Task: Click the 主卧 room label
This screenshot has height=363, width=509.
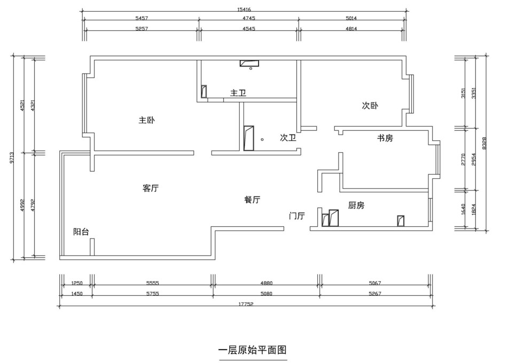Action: [146, 121]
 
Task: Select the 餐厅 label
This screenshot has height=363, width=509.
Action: [252, 200]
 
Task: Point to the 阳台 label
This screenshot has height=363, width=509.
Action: [81, 232]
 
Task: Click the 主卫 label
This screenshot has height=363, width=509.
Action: [238, 93]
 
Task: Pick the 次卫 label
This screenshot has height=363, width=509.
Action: [288, 138]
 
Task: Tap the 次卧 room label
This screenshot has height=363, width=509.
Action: [370, 106]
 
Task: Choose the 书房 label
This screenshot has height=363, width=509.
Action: [385, 138]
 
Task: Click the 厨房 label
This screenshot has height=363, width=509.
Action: [356, 205]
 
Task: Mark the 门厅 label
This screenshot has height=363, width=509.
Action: [296, 216]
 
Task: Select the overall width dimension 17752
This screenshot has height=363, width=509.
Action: [246, 303]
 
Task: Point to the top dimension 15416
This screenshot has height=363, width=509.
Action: [244, 10]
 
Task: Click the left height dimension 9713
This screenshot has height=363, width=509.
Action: [12, 159]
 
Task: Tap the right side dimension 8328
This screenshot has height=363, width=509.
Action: [484, 143]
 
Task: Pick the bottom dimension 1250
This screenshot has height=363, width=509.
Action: [76, 283]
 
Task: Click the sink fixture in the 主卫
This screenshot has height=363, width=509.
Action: [249, 65]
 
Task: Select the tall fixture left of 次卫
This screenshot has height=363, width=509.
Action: [248, 138]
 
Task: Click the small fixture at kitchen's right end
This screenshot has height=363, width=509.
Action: [401, 220]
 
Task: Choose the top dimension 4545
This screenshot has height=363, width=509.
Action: [248, 29]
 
